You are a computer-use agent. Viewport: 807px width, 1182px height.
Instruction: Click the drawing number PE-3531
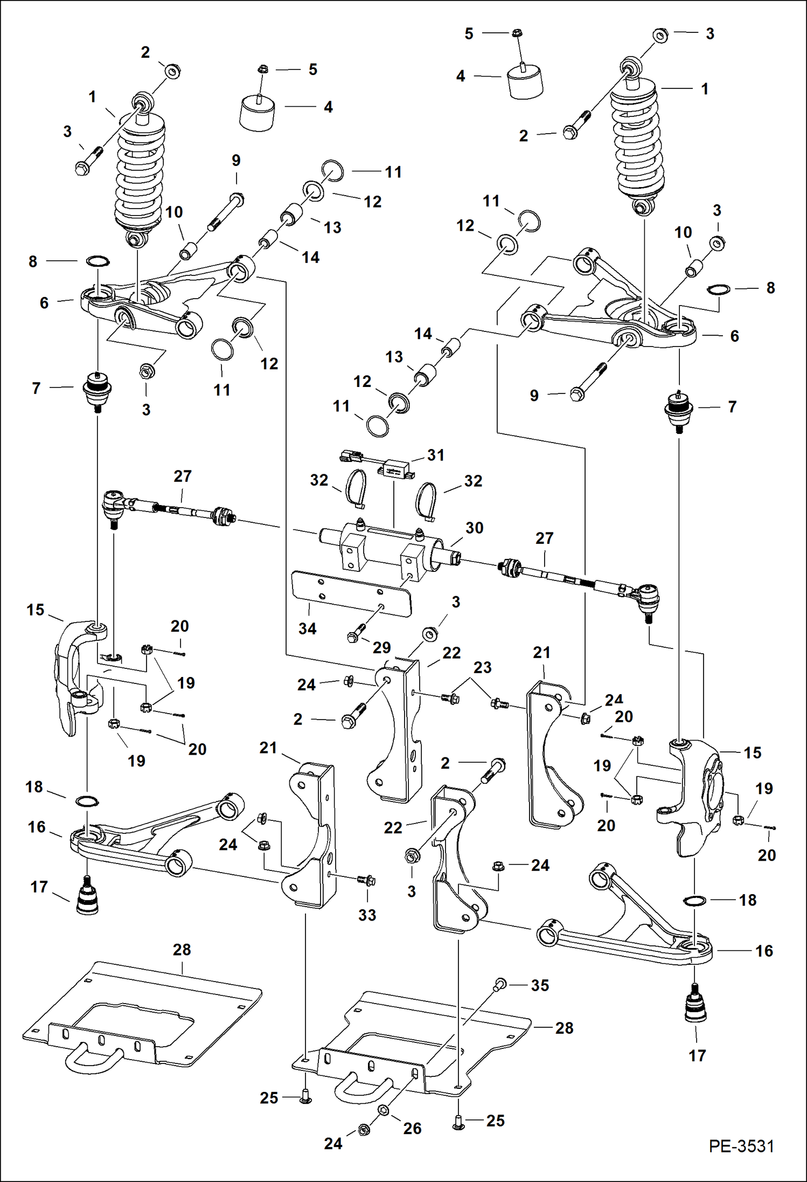(741, 1146)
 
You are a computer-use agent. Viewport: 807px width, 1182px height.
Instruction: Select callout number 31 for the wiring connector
(436, 455)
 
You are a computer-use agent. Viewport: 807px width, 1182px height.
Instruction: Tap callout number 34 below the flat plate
(307, 628)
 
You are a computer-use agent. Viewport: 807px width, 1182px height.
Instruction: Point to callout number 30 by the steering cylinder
(474, 528)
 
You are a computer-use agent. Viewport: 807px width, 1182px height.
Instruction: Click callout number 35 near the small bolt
(540, 985)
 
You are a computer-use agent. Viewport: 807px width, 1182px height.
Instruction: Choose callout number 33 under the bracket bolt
(367, 915)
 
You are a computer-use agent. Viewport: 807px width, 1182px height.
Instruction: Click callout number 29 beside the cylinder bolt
(381, 647)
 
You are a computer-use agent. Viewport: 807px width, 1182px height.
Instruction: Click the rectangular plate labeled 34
(350, 593)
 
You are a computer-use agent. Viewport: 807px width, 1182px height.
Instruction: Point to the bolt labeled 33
(366, 880)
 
